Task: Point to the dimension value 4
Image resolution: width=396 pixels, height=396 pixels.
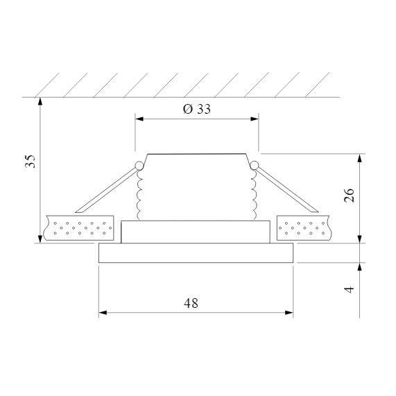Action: tap(350, 287)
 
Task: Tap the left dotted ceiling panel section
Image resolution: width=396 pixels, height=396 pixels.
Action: tap(79, 228)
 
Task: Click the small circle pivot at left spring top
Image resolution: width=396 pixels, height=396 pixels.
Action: tap(139, 165)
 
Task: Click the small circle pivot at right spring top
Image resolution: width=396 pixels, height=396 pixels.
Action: tap(255, 165)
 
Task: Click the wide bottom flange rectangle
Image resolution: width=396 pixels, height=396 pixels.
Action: tap(196, 253)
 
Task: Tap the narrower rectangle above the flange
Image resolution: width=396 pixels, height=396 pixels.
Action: tap(196, 232)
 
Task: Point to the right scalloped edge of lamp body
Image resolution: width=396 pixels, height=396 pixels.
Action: tap(255, 194)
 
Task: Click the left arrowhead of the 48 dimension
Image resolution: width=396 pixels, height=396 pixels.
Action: tap(103, 313)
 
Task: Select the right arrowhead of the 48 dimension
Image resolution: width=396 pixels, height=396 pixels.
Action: tap(289, 313)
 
